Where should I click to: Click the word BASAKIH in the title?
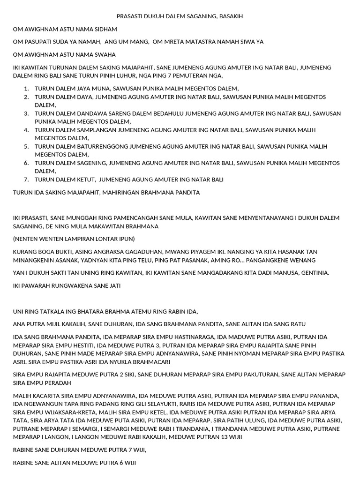coord(230,16)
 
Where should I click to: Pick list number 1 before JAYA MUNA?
coord(26,88)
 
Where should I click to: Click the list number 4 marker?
coord(26,130)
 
